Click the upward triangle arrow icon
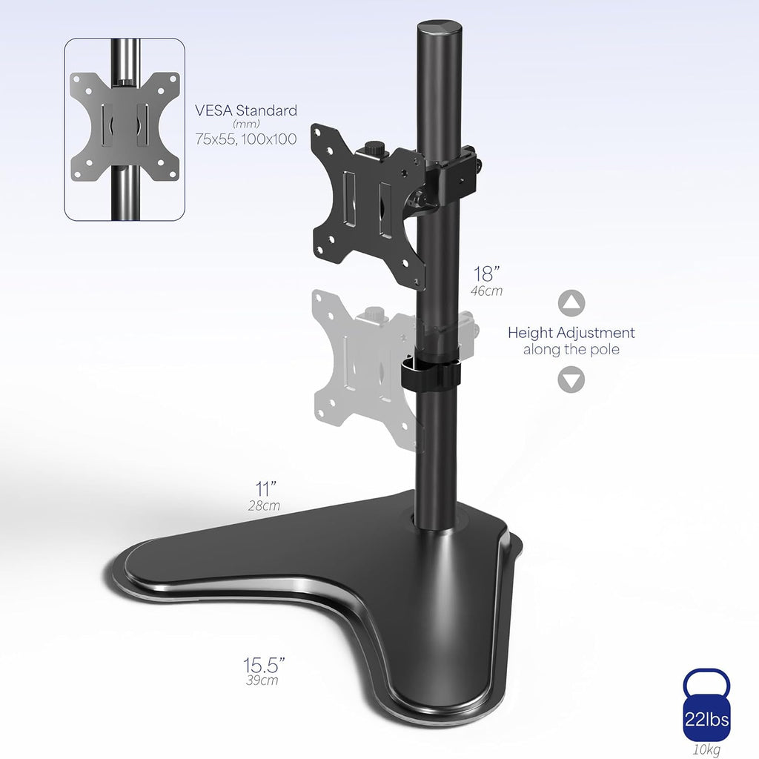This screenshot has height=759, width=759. (x=571, y=303)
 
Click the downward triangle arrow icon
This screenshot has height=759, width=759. (x=571, y=380)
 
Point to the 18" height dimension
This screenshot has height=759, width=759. (x=485, y=274)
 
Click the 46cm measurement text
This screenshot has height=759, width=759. (x=486, y=291)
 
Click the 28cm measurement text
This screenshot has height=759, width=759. (x=264, y=506)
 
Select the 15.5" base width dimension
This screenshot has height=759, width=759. (x=264, y=663)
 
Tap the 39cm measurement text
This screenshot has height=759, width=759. (x=263, y=680)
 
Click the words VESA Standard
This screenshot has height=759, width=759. (x=246, y=110)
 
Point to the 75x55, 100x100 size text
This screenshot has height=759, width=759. (x=246, y=139)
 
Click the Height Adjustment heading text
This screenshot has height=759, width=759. (x=571, y=333)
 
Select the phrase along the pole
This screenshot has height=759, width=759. (x=571, y=350)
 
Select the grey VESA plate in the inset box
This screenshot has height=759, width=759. (x=125, y=127)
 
